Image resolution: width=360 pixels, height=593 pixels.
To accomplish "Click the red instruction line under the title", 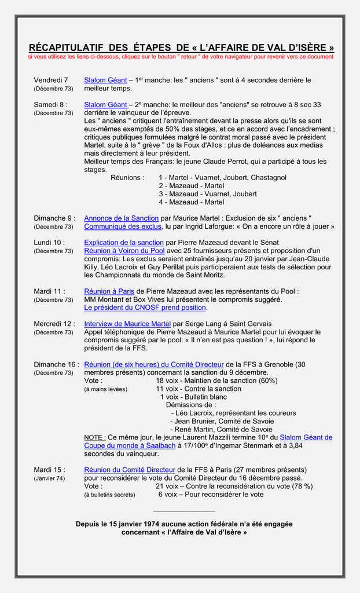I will point(181,57).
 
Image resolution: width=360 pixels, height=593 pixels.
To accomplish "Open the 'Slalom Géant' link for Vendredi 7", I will point(105,80).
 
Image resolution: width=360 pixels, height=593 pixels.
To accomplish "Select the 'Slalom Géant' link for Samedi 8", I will point(105,104).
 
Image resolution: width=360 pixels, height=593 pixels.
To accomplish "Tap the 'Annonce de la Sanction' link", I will point(122,218).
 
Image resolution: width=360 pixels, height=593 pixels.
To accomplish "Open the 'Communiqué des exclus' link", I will point(123,226).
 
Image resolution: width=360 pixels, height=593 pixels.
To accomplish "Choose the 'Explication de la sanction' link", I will point(124,242).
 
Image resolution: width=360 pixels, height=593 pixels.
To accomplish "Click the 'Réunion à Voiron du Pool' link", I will point(124,250).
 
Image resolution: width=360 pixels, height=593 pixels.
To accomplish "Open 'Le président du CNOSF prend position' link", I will point(145,308).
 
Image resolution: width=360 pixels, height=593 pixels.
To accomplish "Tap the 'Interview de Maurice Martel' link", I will point(127,324).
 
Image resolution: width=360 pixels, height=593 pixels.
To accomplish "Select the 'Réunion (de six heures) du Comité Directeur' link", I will point(154,364).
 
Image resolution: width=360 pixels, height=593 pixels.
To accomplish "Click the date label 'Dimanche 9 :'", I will point(54,218).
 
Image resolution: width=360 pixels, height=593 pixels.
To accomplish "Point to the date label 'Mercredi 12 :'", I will point(54,324).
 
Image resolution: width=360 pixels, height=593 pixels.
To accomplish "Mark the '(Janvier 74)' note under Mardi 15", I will point(50,478).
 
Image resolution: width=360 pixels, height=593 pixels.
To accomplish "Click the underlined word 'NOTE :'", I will point(95,437).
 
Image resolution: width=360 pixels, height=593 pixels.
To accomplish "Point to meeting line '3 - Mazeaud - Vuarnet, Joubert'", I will point(208,194).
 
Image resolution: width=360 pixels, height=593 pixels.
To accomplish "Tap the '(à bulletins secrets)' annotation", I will point(110,495).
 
